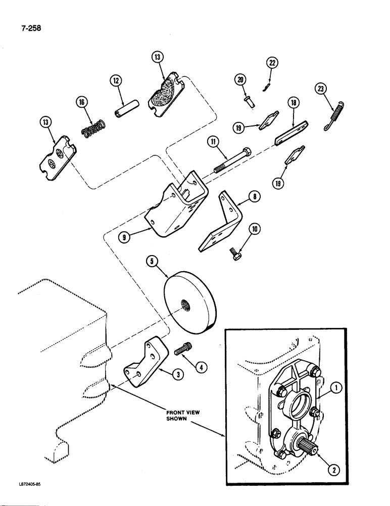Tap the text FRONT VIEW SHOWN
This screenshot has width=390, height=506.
click(x=183, y=415)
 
